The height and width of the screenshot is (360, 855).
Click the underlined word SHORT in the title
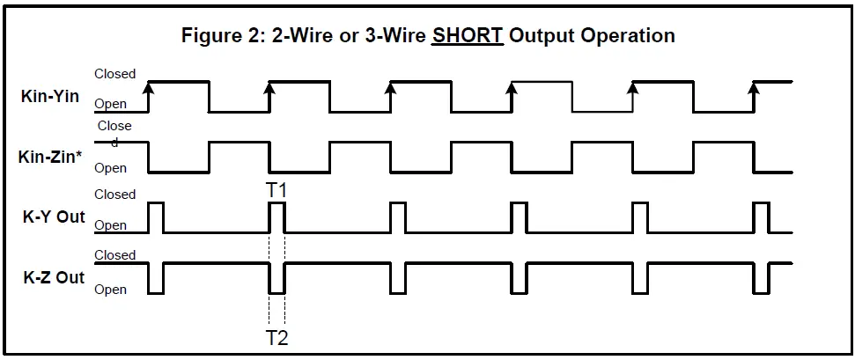(x=468, y=36)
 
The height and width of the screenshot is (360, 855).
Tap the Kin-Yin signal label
(x=49, y=96)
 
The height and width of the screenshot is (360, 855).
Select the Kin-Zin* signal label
(x=51, y=158)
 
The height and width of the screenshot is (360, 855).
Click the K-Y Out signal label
(x=53, y=217)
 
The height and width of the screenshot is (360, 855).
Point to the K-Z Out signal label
(x=53, y=277)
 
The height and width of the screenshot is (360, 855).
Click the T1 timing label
(x=276, y=190)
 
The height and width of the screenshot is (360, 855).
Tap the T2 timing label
(x=276, y=338)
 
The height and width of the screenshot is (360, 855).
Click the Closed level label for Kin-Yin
(x=114, y=74)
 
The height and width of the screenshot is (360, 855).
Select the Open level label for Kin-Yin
(x=111, y=104)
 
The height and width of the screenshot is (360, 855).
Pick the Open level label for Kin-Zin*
(x=111, y=167)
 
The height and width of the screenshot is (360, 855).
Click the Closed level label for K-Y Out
(x=114, y=195)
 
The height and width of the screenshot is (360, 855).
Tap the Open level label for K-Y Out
(x=111, y=225)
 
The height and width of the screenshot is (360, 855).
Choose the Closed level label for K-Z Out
(x=114, y=255)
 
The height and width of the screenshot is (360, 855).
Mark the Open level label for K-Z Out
(x=111, y=290)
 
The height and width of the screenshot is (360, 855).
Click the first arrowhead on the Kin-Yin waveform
(x=149, y=85)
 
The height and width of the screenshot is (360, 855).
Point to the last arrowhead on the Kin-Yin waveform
(x=754, y=85)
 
